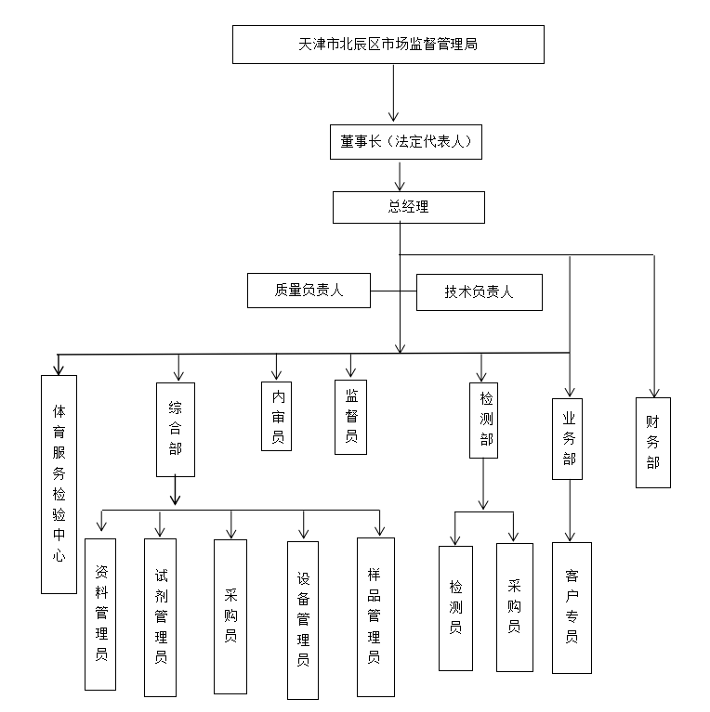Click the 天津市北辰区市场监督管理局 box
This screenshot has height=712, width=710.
pos(388,45)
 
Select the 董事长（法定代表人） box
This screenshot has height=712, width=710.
pos(406,142)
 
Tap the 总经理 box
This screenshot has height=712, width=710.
pos(409,208)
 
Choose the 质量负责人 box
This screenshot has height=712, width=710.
pos(309,291)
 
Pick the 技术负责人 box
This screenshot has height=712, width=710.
pos(480,292)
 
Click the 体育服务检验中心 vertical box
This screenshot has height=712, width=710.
pos(59,485)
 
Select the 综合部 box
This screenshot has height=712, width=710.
pos(176,430)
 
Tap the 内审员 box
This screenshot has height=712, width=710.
pos(276,417)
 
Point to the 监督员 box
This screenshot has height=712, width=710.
pos(350,418)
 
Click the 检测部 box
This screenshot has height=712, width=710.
pos(483,421)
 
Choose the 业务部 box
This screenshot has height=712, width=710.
pos(567,439)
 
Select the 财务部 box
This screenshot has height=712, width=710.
pos(653,443)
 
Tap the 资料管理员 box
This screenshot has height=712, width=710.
pos(100,615)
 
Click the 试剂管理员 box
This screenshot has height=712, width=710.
pos(160,617)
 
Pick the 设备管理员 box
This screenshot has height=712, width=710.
pos(303,620)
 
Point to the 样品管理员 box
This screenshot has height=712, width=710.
pos(375,617)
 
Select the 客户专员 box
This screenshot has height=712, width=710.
pos(572,608)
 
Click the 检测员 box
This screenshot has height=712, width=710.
pos(455,608)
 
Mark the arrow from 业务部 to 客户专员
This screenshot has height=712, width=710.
pos(570,511)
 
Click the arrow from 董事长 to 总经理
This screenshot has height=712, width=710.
pos(400,175)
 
